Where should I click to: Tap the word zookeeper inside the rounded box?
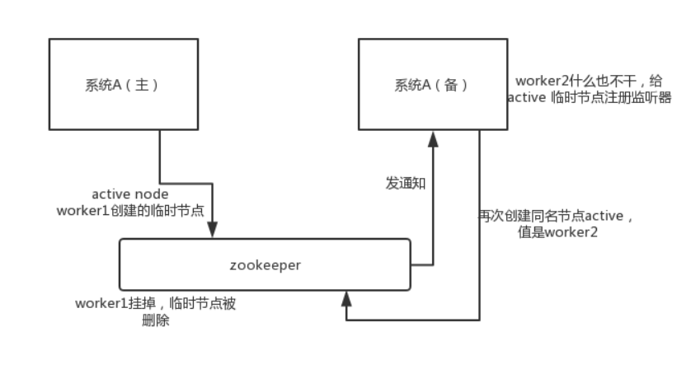point(265,264)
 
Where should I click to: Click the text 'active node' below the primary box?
point(130,194)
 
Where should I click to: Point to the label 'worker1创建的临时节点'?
point(130,210)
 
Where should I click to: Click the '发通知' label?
point(406,183)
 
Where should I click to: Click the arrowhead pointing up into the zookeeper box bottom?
point(345,297)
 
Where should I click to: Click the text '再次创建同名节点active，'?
point(557,216)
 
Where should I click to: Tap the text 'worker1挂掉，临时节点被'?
point(155,303)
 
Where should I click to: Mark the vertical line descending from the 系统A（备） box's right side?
point(480,222)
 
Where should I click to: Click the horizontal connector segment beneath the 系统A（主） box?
point(186,183)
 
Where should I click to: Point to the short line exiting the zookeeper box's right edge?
point(421,265)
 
